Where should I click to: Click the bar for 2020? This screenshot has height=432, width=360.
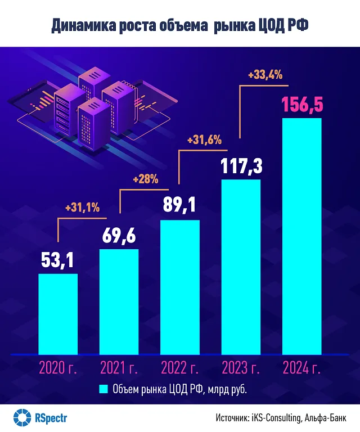pos(58,313)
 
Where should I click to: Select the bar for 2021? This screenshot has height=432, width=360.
pos(119,301)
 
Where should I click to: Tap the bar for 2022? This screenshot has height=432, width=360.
pos(180,286)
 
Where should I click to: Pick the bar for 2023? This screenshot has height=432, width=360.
pos(241,266)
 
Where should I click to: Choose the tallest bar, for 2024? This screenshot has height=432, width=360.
pos(301,236)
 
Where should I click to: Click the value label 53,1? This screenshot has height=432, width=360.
pos(58,260)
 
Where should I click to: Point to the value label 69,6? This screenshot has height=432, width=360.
pos(119,235)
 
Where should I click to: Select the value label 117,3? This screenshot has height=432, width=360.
pos(241,165)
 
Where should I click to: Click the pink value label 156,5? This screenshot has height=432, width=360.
pos(301,105)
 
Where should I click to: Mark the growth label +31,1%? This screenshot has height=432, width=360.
pos(82,208)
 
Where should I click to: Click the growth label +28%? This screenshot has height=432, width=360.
pos(145,180)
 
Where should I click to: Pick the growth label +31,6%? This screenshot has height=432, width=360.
pos(206,139)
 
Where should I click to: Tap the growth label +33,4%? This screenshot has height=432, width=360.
pos(265,74)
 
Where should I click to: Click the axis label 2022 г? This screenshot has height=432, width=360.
pos(180,369)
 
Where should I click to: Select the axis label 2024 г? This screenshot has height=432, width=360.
pos(301,369)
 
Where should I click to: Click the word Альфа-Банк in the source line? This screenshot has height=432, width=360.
pos(327,418)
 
